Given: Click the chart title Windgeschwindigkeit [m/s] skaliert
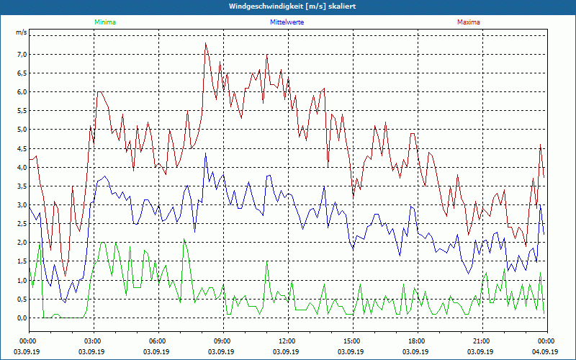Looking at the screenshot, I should click(288, 6).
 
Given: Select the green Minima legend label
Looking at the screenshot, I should click(104, 22).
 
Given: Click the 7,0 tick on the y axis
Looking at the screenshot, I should click(21, 55).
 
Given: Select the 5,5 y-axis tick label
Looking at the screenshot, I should click(21, 111).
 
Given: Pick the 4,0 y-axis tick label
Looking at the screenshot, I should click(21, 168).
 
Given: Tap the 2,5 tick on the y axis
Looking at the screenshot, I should click(21, 224).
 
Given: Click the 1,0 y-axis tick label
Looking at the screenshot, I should click(21, 280).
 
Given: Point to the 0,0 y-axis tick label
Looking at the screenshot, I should click(21, 318).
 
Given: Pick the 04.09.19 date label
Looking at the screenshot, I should click(545, 352).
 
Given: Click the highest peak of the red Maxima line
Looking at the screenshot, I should click(205, 43).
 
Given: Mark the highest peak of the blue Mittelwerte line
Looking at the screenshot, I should click(205, 153).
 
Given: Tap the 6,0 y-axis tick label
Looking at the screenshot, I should click(21, 92).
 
